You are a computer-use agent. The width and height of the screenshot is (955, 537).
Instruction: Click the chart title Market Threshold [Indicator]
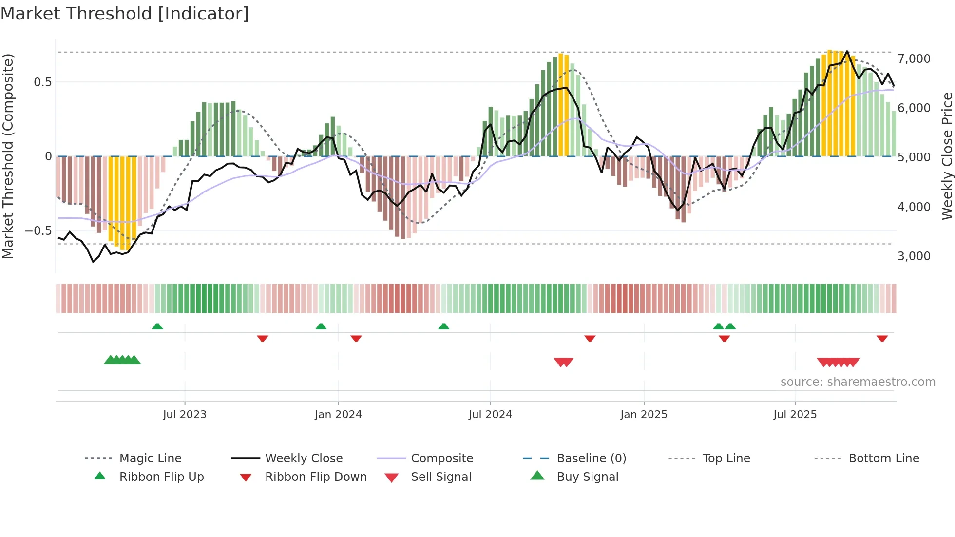(x=125, y=14)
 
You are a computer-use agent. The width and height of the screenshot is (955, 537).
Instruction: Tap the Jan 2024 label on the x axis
(x=338, y=415)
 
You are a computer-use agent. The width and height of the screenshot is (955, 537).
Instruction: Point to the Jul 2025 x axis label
(x=795, y=415)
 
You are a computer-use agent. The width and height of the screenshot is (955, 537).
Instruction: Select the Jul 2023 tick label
(x=185, y=415)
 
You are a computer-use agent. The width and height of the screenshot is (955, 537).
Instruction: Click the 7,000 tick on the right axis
(x=914, y=59)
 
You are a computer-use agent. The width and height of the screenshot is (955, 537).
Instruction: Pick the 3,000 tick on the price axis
(x=914, y=256)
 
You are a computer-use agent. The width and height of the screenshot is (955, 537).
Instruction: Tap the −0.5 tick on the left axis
(x=38, y=230)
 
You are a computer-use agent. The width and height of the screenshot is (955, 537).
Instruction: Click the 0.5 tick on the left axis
(x=42, y=82)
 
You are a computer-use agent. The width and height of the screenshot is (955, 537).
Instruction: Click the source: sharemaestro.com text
(x=858, y=382)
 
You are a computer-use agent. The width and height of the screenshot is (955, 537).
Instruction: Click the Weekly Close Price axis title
(x=947, y=156)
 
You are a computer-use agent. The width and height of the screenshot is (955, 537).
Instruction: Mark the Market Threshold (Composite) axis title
(x=8, y=156)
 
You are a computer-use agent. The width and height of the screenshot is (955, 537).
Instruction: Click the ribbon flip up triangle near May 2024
(x=443, y=326)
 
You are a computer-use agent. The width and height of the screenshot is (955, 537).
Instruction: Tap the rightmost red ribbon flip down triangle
(x=882, y=338)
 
